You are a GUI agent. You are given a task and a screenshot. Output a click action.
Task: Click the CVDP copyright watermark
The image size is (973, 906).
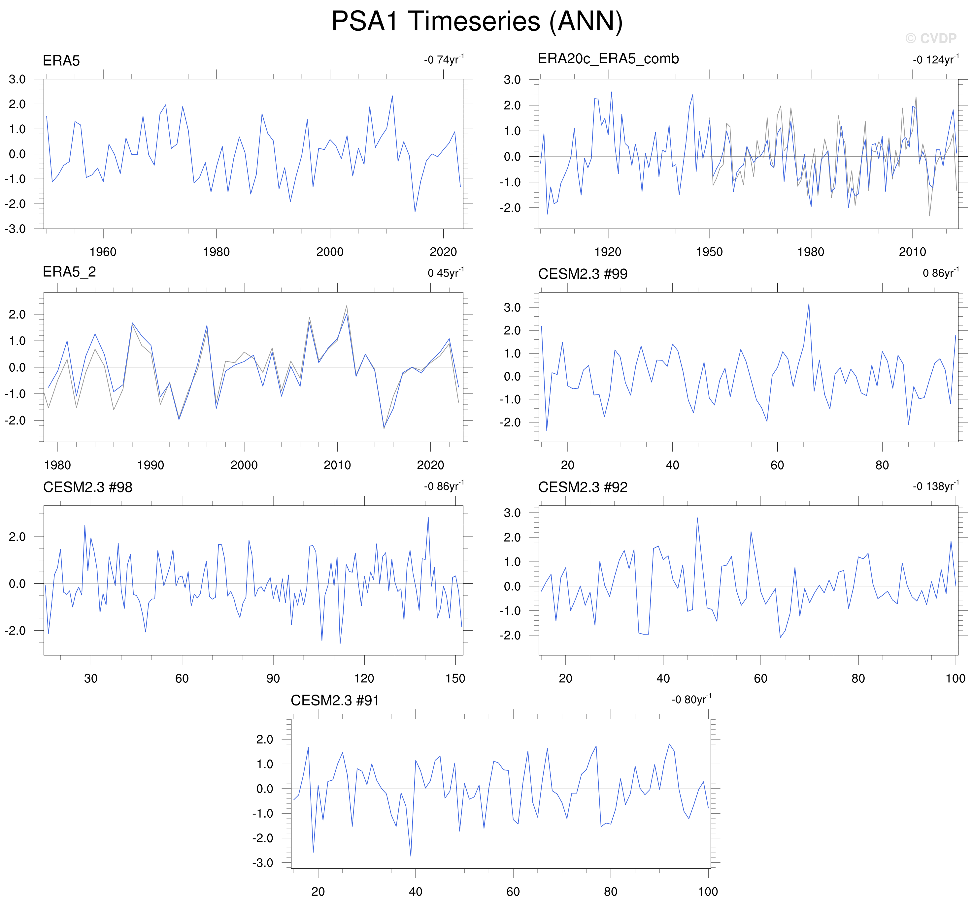(930, 39)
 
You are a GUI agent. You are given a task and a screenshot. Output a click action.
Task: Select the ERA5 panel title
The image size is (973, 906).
(61, 61)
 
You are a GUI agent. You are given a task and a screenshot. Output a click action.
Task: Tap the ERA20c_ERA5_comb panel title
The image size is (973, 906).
(608, 59)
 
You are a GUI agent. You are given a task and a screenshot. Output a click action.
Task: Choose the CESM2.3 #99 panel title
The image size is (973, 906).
(583, 274)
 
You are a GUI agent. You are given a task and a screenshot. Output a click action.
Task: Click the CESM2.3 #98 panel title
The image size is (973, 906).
(87, 487)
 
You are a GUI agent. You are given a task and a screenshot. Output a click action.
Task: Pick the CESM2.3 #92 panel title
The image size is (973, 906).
(583, 487)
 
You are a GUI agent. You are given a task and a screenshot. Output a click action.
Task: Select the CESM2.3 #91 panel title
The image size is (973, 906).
(335, 701)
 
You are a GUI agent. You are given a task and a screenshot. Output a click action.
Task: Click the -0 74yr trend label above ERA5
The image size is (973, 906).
(444, 60)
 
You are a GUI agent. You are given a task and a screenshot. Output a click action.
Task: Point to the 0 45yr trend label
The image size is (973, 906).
(445, 273)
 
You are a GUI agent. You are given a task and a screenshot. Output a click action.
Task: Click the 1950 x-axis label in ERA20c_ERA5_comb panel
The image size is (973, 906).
(709, 252)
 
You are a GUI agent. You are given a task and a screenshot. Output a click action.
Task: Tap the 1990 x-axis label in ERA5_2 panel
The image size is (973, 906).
(151, 465)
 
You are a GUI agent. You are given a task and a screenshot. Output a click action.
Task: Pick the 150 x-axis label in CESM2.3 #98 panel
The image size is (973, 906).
(455, 678)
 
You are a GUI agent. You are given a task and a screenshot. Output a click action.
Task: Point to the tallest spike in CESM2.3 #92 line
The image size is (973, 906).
(697, 518)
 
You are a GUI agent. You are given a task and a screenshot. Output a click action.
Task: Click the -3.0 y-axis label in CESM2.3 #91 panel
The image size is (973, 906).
(263, 862)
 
